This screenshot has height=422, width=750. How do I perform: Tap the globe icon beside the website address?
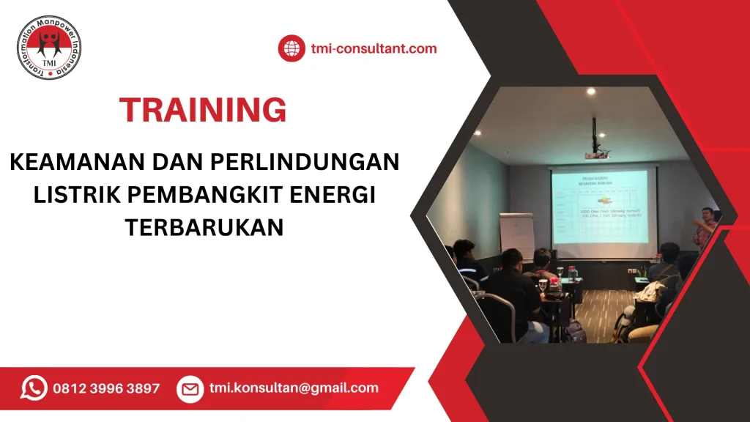[291, 49]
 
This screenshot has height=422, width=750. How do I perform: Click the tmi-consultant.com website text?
[374, 49]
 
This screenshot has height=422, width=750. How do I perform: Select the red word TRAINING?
[203, 110]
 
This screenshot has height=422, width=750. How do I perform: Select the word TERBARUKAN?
[204, 228]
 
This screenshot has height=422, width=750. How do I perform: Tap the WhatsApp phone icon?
[34, 388]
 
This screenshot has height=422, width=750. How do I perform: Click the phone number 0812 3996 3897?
[106, 388]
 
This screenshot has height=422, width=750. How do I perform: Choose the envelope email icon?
[190, 389]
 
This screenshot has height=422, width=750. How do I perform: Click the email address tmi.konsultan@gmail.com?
[294, 388]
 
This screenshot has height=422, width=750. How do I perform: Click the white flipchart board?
[517, 236]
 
